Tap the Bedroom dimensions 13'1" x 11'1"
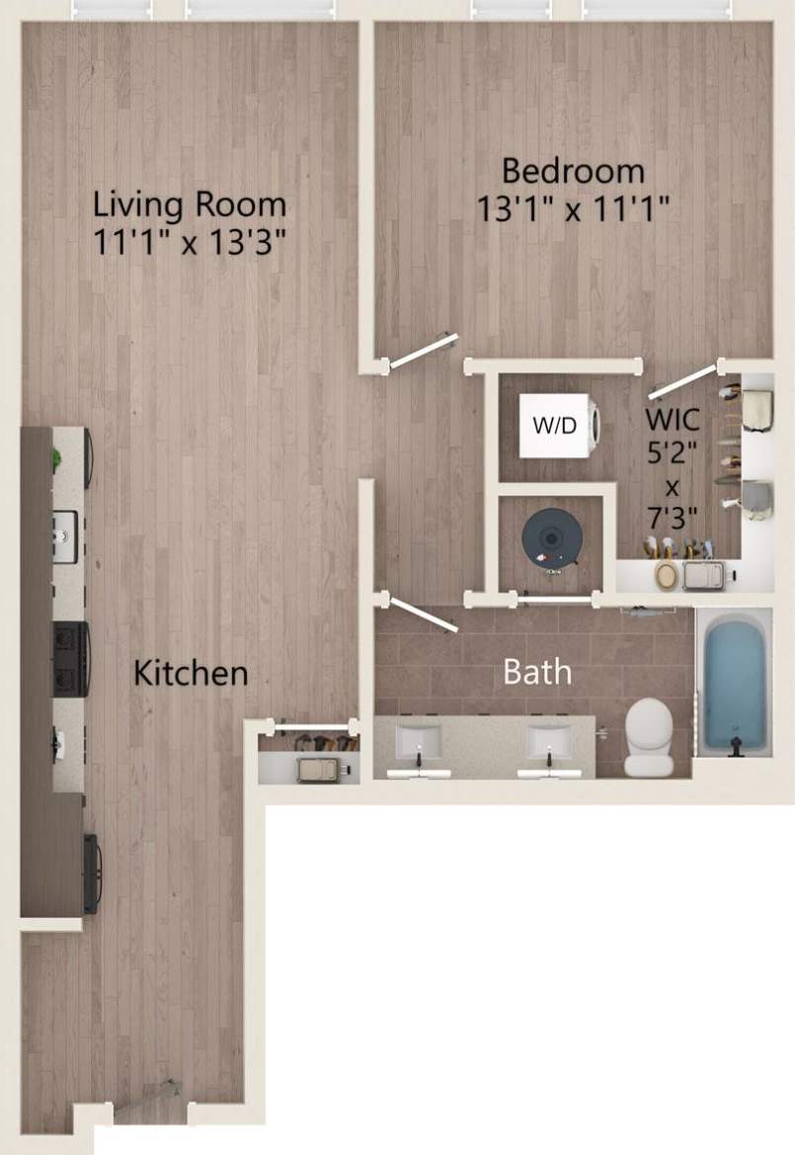tap(573, 208)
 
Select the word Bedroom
tap(573, 170)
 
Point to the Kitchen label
tap(190, 674)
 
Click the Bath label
tap(537, 672)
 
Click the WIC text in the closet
tap(674, 419)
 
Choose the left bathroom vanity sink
tap(419, 743)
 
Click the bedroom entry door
tap(423, 351)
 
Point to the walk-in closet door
tap(681, 379)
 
